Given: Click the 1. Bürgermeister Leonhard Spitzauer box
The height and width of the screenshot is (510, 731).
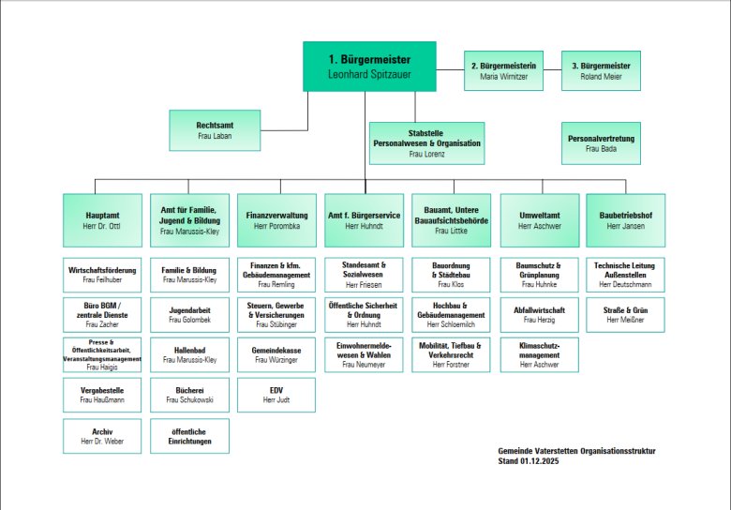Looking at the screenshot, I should [369, 67].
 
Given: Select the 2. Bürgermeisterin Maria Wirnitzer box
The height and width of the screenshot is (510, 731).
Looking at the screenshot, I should [510, 71].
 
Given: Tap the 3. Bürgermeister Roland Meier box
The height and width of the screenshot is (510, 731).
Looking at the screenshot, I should [601, 71].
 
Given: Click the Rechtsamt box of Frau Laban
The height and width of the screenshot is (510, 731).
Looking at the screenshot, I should [214, 130].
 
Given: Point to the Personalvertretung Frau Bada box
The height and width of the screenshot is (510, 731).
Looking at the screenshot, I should [601, 142].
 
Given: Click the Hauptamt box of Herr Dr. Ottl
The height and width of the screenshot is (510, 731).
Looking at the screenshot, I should [103, 220].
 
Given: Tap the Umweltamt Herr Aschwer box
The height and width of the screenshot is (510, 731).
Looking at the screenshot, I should [539, 220].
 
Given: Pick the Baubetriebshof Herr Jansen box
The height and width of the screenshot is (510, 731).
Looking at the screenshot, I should [625, 220].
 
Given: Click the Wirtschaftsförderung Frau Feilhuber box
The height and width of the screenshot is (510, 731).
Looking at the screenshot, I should [103, 275].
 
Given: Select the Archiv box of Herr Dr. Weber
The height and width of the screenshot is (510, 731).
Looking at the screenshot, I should [103, 436].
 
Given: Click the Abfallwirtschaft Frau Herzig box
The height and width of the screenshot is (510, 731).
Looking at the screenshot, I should [539, 315].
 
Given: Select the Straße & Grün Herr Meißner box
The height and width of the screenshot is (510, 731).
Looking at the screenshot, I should [625, 315].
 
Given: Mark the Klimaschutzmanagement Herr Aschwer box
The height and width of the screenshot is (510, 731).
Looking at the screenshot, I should [539, 355].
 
